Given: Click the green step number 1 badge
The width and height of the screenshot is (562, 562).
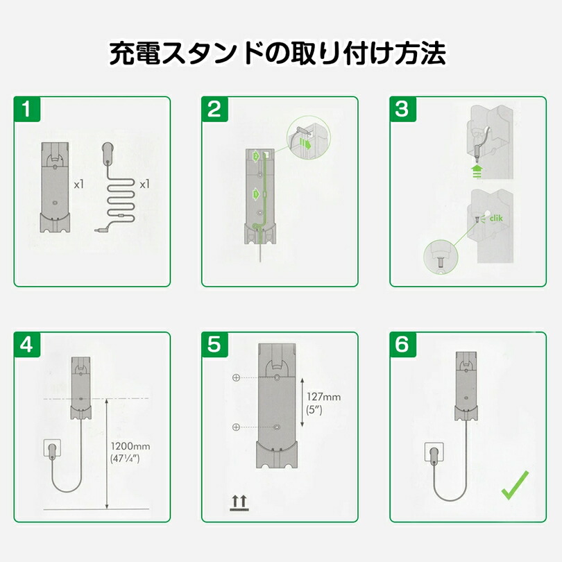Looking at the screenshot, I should pyautogui.click(x=27, y=110).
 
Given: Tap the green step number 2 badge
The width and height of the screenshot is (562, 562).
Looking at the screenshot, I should pyautogui.click(x=215, y=110).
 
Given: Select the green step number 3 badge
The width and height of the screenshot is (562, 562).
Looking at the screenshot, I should pyautogui.click(x=402, y=110).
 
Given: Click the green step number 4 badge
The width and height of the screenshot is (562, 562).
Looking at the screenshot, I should pyautogui.click(x=27, y=346).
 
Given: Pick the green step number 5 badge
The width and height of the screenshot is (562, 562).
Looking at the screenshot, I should pyautogui.click(x=215, y=346).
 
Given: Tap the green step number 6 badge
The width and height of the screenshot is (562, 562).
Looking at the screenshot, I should pyautogui.click(x=402, y=346).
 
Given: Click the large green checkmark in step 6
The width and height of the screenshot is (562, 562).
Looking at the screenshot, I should pyautogui.click(x=515, y=485).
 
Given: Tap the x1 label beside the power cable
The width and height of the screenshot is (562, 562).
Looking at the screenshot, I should pyautogui.click(x=144, y=185).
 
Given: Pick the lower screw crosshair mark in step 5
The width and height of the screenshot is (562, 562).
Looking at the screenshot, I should pyautogui.click(x=236, y=427).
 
